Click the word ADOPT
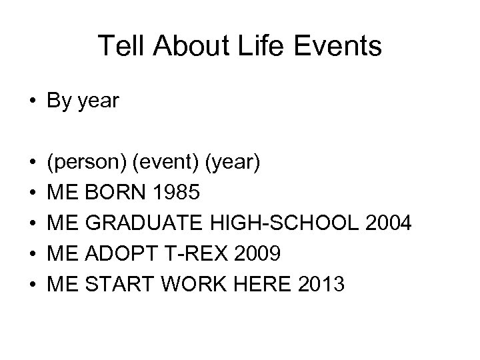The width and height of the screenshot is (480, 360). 115,254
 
